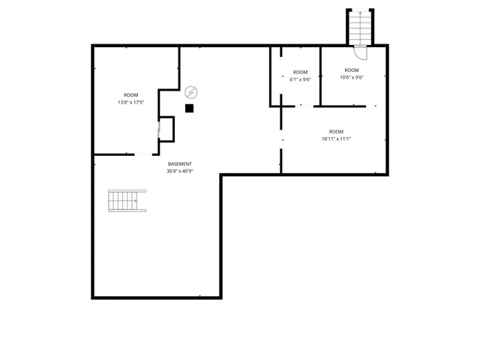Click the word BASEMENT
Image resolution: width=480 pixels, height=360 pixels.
[180, 163]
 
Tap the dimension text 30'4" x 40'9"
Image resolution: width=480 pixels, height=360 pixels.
[180, 171]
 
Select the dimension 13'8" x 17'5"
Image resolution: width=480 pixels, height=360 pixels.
[131, 101]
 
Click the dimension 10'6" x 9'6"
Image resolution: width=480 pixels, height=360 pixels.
[351, 77]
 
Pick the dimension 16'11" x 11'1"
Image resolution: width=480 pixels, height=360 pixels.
[336, 138]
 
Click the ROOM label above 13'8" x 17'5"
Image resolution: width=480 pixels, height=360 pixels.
[131, 94]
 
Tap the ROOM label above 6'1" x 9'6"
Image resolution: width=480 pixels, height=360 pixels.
[300, 73]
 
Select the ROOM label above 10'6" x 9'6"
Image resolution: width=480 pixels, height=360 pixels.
[351, 70]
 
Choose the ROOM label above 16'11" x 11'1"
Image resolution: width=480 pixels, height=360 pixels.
[336, 131]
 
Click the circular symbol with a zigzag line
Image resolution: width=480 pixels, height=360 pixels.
[191, 92]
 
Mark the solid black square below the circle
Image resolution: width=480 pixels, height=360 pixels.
[189, 108]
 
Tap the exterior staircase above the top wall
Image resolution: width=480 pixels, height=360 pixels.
[359, 28]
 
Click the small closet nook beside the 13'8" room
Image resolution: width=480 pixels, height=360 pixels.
[166, 129]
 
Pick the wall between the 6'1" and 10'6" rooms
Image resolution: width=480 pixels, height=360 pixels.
[320, 75]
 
